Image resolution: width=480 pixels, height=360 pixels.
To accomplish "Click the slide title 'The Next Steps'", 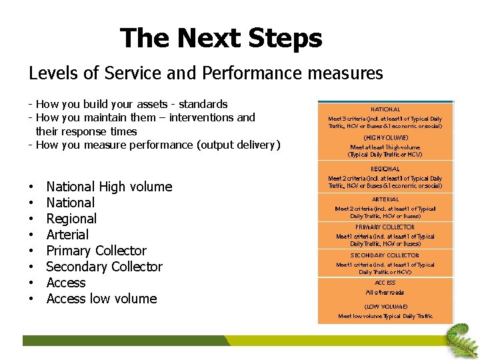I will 221,39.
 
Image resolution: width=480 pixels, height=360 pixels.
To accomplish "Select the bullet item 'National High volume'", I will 109,187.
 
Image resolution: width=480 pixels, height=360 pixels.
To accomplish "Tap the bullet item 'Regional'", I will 71,219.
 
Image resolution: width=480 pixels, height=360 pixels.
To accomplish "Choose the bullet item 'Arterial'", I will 67,235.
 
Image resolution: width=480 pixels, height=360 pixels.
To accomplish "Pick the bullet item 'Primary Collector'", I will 96,251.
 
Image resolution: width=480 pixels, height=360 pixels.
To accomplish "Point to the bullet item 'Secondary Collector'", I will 104,267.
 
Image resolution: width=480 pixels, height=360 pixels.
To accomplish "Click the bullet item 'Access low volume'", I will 101,299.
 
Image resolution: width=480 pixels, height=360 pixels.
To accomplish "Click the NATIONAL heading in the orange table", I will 385,109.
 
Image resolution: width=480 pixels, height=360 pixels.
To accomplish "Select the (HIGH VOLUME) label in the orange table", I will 385,137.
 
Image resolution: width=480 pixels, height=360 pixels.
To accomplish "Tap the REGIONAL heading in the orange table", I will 385,169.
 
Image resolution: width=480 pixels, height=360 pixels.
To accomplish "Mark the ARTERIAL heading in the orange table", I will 385,199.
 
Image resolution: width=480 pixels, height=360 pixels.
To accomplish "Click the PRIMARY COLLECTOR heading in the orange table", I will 385,227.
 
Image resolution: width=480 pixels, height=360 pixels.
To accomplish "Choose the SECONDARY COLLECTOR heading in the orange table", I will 385,255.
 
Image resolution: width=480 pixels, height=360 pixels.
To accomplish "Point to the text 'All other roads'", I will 385,293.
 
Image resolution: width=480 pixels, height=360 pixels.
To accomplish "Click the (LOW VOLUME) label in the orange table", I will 385,307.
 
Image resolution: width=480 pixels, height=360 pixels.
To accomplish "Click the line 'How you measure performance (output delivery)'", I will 158,145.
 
